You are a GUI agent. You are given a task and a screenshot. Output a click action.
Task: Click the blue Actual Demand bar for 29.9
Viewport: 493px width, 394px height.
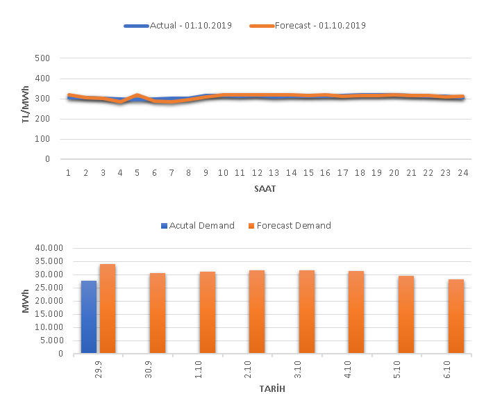(x=89, y=317)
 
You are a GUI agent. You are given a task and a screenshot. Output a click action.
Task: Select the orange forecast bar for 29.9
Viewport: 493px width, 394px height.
(x=108, y=309)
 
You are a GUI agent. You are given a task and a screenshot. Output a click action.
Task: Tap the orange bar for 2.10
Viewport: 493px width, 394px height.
(x=257, y=312)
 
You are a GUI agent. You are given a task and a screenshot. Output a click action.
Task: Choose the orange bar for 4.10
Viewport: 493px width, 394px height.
(x=356, y=312)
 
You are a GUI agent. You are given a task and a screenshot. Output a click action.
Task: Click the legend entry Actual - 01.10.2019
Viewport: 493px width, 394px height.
(x=178, y=26)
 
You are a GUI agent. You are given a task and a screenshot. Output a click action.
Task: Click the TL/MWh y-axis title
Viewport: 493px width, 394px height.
(x=26, y=108)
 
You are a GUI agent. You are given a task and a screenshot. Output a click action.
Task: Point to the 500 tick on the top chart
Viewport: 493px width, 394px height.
(x=43, y=58)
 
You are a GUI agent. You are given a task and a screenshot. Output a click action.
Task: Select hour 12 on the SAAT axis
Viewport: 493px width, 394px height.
(x=257, y=172)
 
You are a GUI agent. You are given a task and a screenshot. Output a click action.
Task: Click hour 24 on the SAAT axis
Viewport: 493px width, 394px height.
(x=461, y=172)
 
